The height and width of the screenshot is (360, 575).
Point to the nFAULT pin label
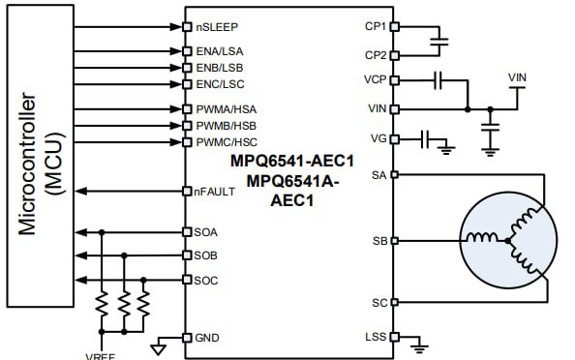[213, 191]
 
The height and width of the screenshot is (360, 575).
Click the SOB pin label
[205, 255]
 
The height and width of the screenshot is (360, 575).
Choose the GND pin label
[206, 338]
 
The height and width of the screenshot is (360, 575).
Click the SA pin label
[379, 175]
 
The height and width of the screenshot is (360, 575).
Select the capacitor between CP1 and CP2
[440, 41]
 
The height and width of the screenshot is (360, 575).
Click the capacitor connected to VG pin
[426, 139]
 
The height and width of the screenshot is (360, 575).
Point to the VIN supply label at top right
[518, 76]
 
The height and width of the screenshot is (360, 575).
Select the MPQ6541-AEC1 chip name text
[289, 160]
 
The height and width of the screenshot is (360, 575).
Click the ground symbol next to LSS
[418, 342]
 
